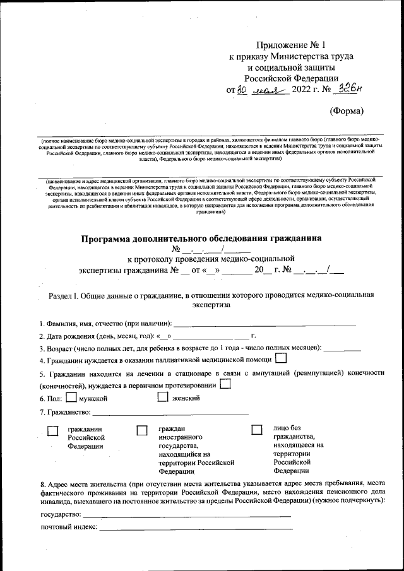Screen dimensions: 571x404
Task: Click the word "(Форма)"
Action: (347, 111)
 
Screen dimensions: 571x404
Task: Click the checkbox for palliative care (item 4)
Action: (281, 358)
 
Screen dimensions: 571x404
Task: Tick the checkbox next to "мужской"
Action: (71, 397)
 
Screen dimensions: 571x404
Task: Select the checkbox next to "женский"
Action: (162, 397)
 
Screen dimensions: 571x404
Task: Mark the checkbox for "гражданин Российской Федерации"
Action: (53, 430)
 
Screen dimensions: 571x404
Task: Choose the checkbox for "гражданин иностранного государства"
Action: (142, 430)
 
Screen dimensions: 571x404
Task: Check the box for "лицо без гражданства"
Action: (256, 430)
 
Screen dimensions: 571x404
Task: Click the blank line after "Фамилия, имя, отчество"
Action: (264, 324)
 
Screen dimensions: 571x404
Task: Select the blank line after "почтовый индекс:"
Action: (196, 527)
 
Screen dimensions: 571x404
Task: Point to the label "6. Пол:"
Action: (51, 399)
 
